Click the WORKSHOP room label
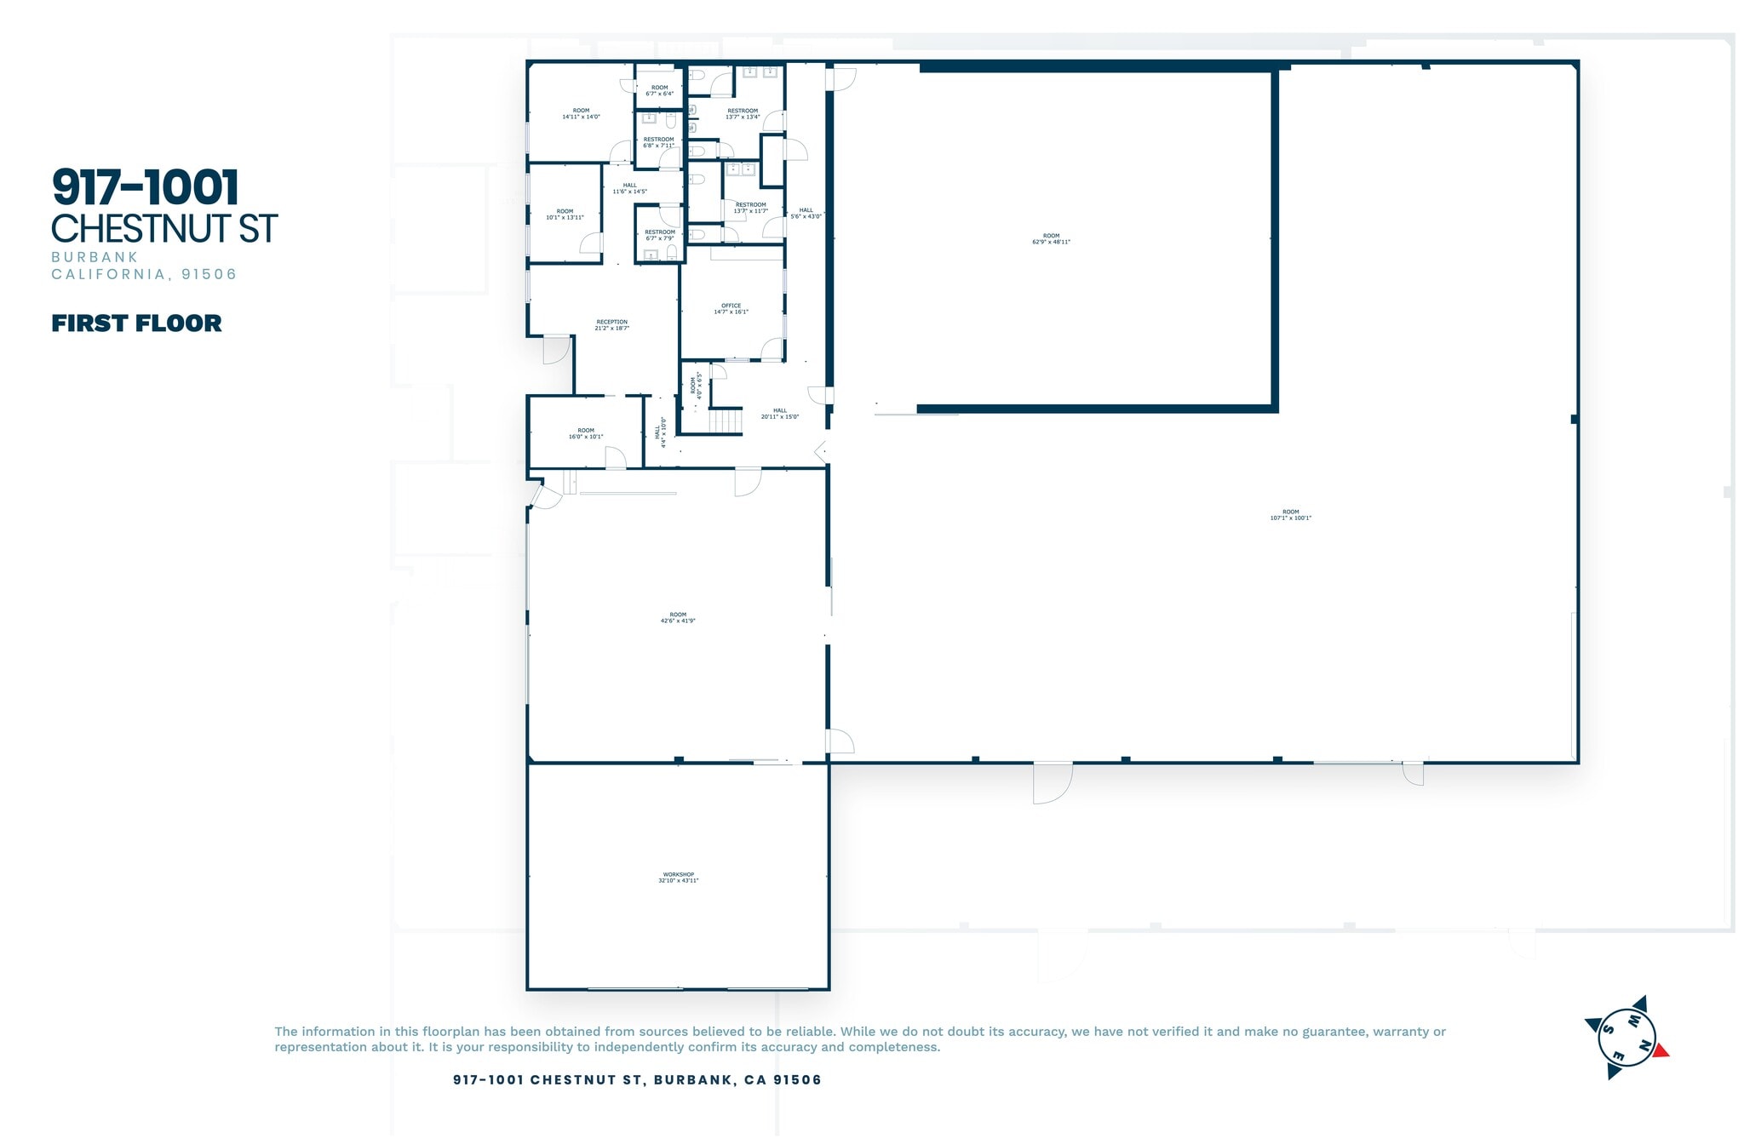pyautogui.click(x=678, y=878)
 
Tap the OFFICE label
pyautogui.click(x=731, y=309)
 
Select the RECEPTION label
pyautogui.click(x=611, y=325)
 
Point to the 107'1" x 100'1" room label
pyautogui.click(x=1290, y=515)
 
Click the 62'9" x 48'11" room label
pyautogui.click(x=1051, y=239)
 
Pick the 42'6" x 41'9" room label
pyautogui.click(x=678, y=618)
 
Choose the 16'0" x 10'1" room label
pyautogui.click(x=586, y=434)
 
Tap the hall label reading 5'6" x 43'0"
pyautogui.click(x=806, y=214)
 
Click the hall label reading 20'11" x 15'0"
pyautogui.click(x=779, y=414)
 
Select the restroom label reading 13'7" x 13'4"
pyautogui.click(x=743, y=114)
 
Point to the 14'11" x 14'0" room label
pyautogui.click(x=581, y=114)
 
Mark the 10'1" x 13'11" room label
pyautogui.click(x=565, y=214)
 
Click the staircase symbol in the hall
pyautogui.click(x=726, y=421)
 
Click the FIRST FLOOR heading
pyautogui.click(x=136, y=323)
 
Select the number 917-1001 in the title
pyautogui.click(x=145, y=188)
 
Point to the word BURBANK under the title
pyautogui.click(x=95, y=257)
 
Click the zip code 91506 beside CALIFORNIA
pyautogui.click(x=209, y=274)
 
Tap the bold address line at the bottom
pyautogui.click(x=637, y=1080)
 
